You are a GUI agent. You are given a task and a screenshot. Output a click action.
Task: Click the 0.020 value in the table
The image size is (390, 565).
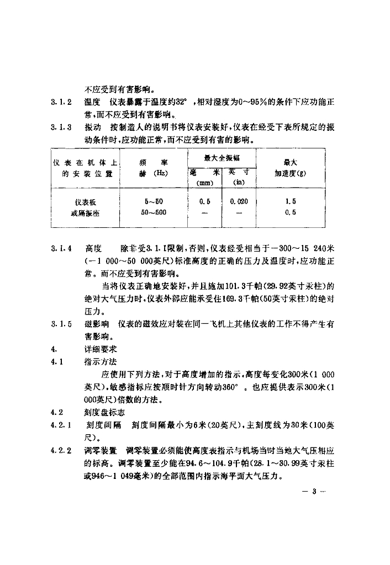239,201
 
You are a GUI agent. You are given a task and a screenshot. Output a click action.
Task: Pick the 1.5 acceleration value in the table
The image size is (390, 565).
291,201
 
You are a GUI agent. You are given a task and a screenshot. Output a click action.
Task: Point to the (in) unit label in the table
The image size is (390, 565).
239,182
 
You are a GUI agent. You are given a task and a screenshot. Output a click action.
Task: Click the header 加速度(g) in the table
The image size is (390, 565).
291,173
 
